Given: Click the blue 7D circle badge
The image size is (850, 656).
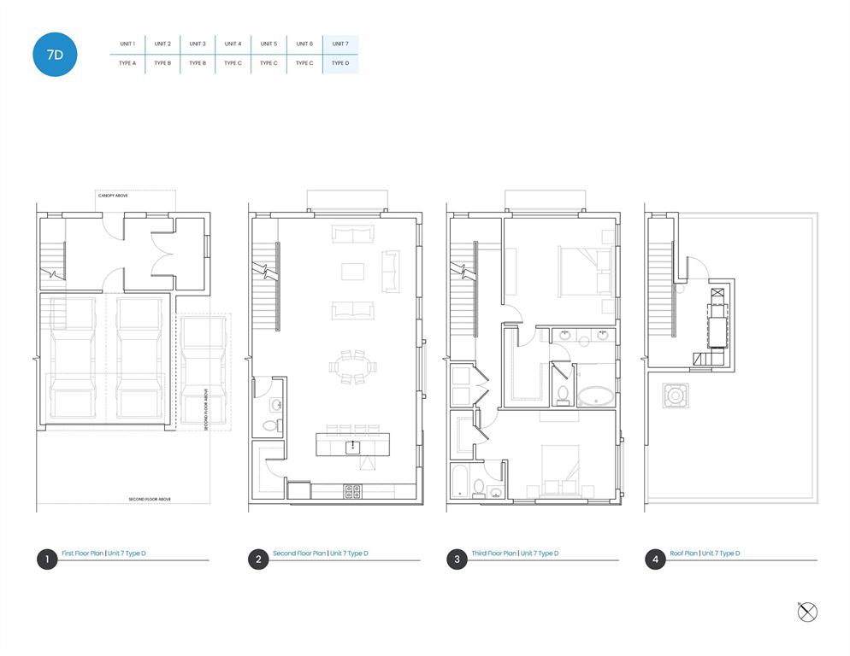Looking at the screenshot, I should [x=55, y=56].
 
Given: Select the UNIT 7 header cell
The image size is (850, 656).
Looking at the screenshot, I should [x=340, y=44].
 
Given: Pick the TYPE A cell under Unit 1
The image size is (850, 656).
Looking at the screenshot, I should [x=127, y=63].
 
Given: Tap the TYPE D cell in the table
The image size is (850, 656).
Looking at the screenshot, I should [x=340, y=63].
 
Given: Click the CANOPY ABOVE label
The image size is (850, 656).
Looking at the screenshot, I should [x=113, y=196].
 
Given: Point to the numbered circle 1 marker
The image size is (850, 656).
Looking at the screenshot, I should [x=46, y=559].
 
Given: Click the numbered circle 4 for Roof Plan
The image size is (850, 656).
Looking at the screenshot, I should [x=655, y=559].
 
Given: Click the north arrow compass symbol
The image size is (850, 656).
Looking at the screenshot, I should [x=807, y=612].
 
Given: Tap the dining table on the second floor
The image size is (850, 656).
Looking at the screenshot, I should [x=352, y=366].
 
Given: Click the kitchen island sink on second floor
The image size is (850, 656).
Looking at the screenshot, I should [x=352, y=446].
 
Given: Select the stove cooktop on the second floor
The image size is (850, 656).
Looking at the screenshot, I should [x=352, y=490].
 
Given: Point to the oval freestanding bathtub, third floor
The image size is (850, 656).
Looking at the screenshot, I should [x=595, y=395].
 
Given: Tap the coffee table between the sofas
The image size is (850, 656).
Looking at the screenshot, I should [x=352, y=272].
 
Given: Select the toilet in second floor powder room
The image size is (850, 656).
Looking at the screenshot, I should [x=270, y=425].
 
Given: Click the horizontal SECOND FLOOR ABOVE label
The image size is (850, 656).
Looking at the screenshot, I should [x=151, y=499].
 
